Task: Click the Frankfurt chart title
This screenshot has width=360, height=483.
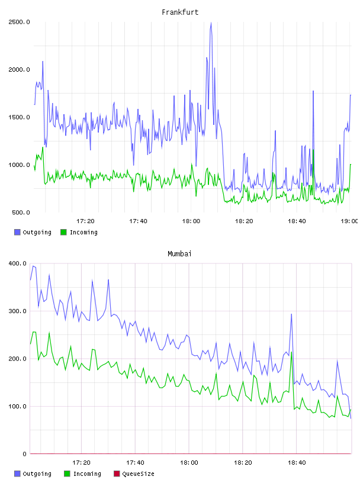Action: [x=180, y=12]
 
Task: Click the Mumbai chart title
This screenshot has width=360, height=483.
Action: [x=179, y=254]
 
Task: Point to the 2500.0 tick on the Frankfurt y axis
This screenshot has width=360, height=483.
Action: [x=19, y=22]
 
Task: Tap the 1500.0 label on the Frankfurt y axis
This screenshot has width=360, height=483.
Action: [x=19, y=117]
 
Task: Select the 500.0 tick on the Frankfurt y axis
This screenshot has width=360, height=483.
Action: [x=21, y=212]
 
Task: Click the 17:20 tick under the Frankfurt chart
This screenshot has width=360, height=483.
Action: [x=85, y=221]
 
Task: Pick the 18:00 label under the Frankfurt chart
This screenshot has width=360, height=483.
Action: [x=191, y=221]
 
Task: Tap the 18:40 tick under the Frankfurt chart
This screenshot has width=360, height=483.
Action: [x=297, y=221]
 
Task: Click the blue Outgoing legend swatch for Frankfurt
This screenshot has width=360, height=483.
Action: [x=17, y=232]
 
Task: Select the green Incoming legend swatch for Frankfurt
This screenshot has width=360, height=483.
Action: [x=63, y=232]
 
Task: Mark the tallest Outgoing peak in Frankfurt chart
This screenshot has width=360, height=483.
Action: [x=211, y=22]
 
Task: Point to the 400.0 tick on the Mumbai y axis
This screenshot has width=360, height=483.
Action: [x=18, y=263]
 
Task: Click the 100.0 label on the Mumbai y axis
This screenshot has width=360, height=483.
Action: [x=18, y=406]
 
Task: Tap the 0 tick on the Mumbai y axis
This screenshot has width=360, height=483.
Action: [x=25, y=454]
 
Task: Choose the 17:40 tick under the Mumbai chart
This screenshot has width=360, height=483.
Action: [x=135, y=462]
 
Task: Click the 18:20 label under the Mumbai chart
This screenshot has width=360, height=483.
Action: [x=243, y=462]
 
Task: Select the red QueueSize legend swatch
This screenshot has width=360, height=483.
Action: [x=117, y=474]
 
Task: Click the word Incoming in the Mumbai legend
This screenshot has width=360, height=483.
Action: [x=87, y=474]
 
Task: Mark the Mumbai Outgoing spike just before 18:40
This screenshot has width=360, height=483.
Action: [x=291, y=314]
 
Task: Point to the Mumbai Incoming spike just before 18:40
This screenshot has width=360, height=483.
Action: [x=291, y=352]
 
